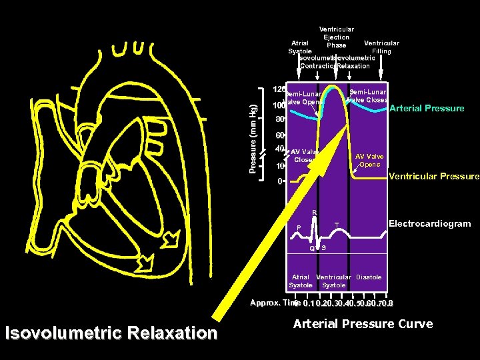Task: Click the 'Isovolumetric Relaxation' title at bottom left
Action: click(x=111, y=333)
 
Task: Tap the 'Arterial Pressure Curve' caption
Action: click(x=363, y=324)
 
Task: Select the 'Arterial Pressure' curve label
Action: click(x=427, y=108)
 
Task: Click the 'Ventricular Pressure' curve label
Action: click(x=433, y=177)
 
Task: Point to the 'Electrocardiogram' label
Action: click(x=429, y=224)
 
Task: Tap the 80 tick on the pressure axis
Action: click(x=280, y=121)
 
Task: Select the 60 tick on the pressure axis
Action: click(x=280, y=135)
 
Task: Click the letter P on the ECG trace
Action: click(x=299, y=227)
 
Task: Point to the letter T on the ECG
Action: click(x=337, y=224)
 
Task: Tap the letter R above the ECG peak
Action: click(x=315, y=213)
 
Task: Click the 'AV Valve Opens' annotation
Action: click(x=369, y=160)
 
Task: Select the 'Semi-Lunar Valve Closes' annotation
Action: click(x=369, y=96)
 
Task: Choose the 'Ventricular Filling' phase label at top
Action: click(x=381, y=47)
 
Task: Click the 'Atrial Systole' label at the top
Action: click(x=299, y=47)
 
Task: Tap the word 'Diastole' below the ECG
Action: click(x=369, y=277)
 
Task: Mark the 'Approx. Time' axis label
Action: click(x=271, y=303)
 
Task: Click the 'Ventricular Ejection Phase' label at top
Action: click(x=337, y=37)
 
